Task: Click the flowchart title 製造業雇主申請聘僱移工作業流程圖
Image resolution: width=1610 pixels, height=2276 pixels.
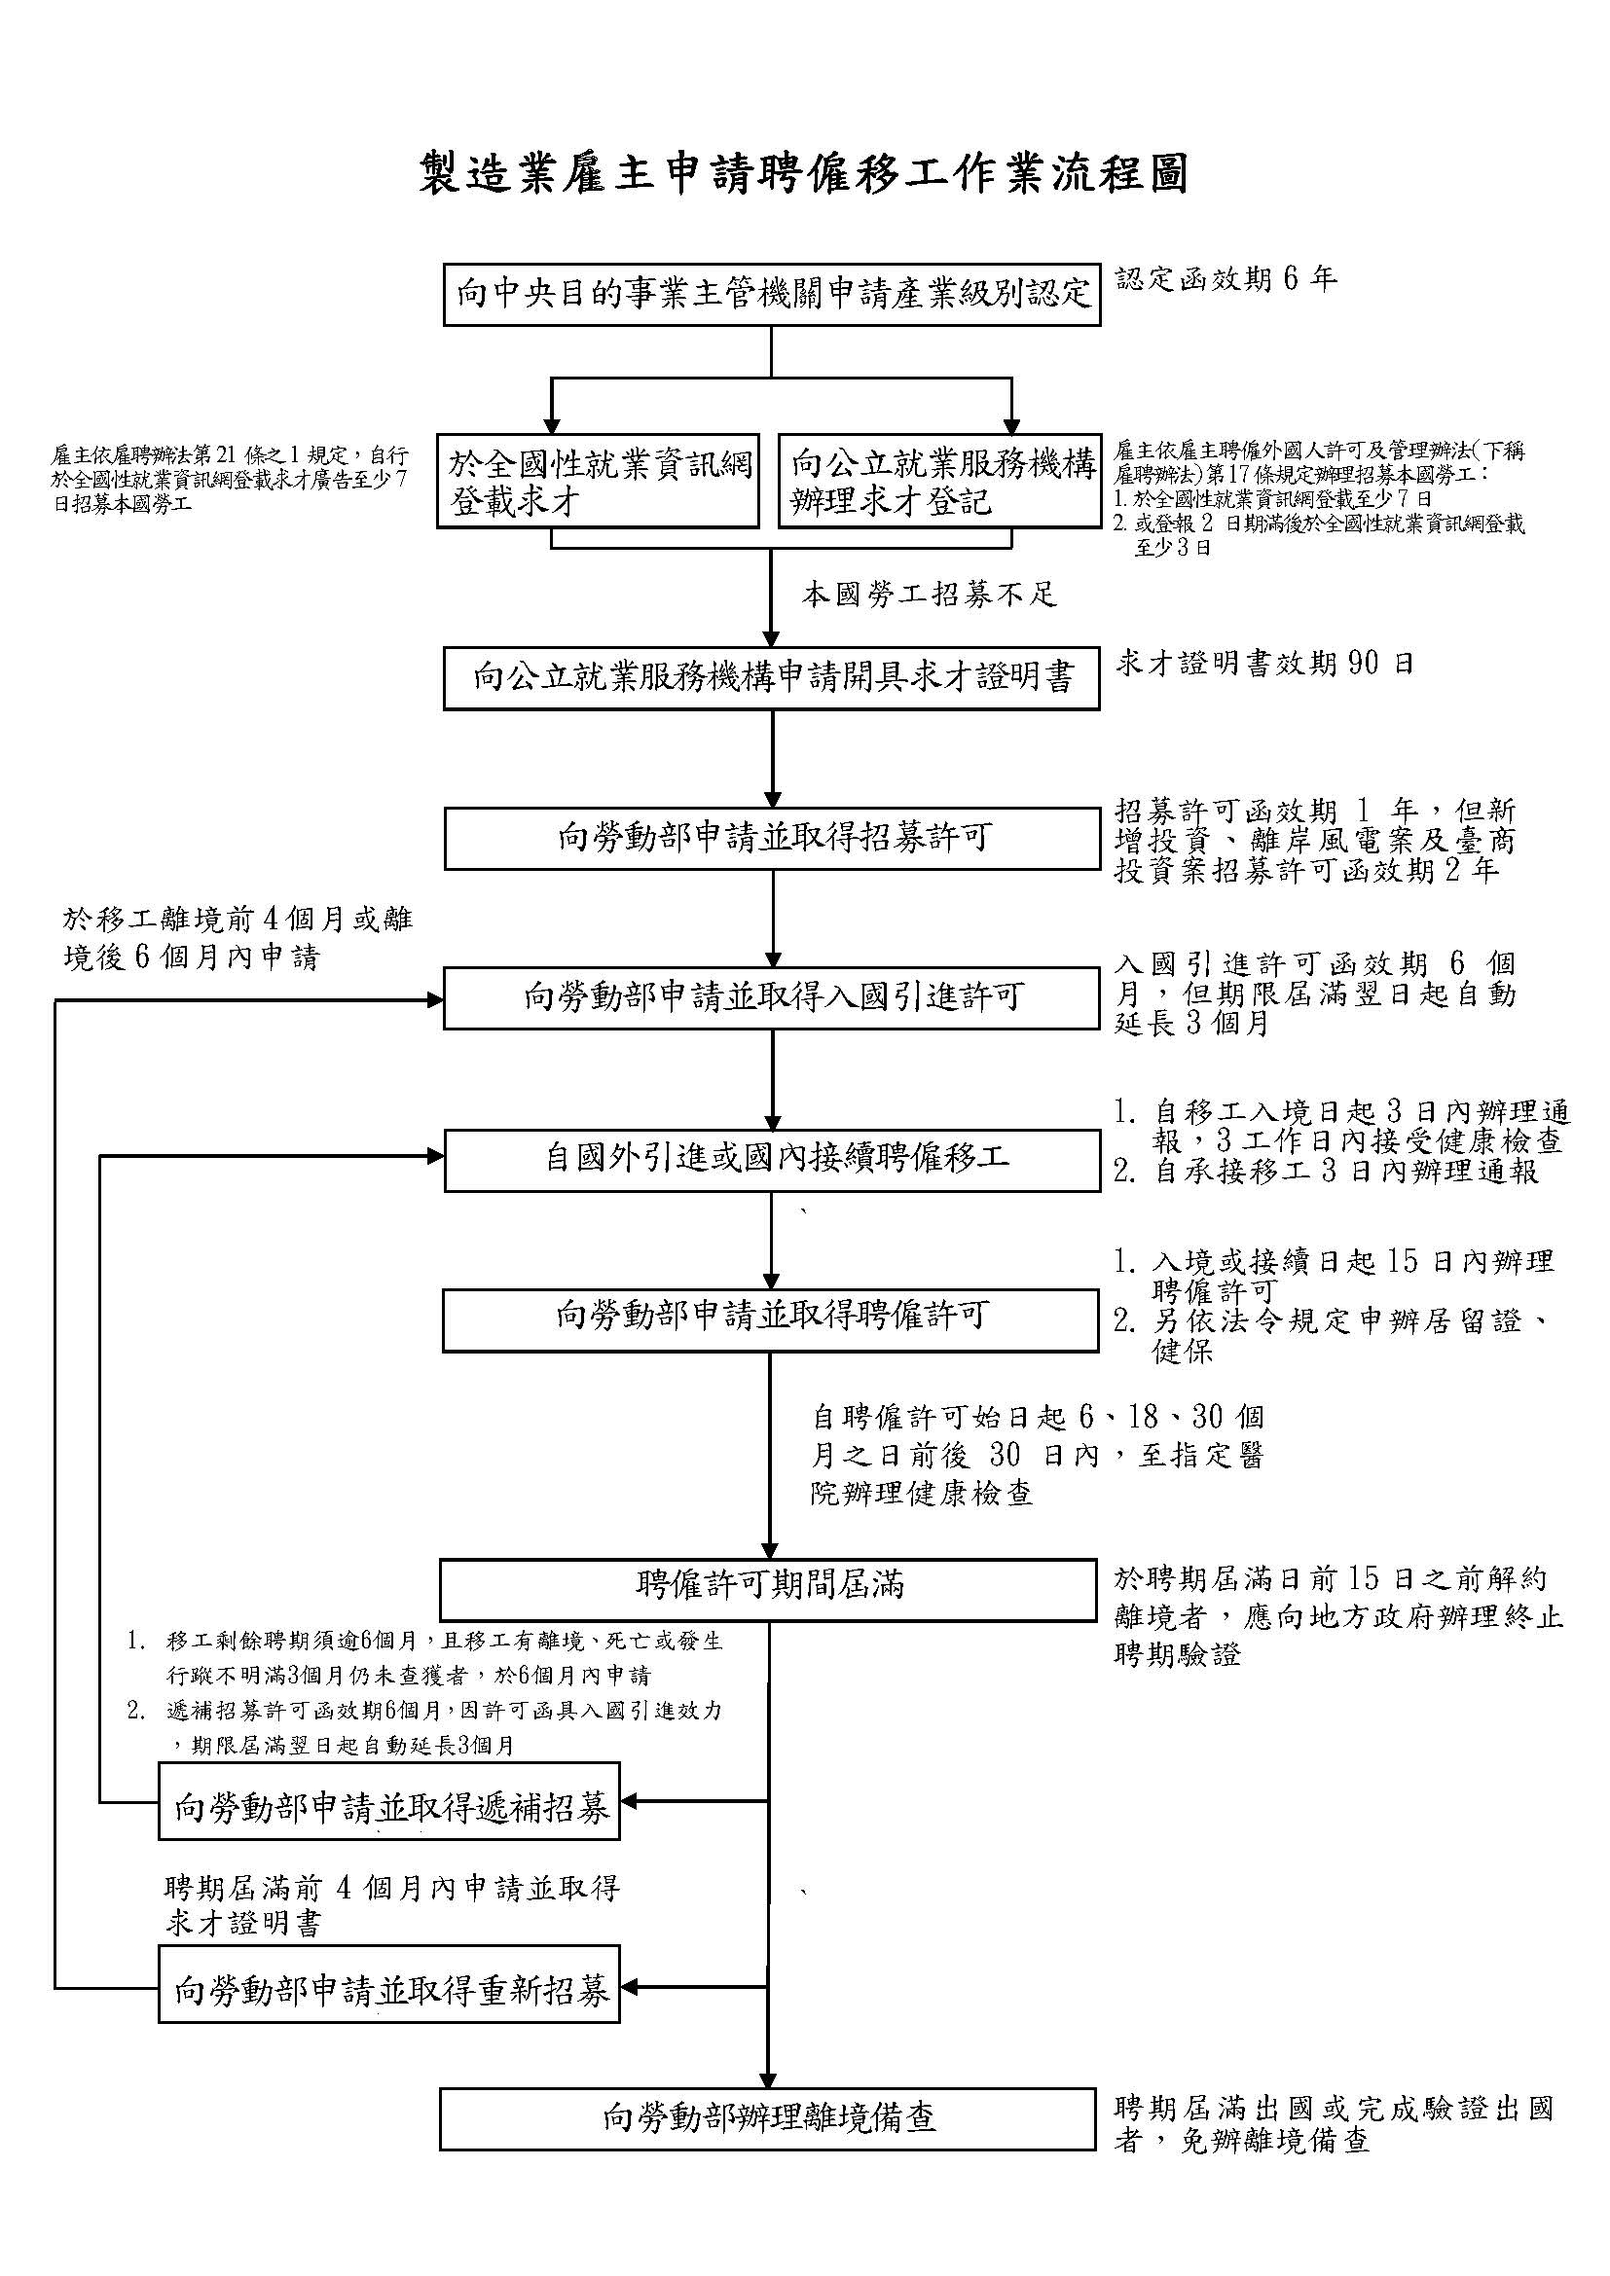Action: (804, 174)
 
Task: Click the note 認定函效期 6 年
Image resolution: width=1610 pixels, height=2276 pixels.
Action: (1226, 279)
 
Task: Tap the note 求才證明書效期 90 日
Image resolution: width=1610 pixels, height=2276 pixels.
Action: (1264, 664)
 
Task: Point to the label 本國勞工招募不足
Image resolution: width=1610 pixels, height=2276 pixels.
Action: (930, 594)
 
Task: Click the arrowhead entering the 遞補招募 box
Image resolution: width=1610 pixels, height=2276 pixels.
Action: (630, 1801)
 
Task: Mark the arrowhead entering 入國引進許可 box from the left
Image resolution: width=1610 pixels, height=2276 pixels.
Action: (434, 1000)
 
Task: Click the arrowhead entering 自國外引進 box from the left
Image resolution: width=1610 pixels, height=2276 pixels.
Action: (434, 1156)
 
